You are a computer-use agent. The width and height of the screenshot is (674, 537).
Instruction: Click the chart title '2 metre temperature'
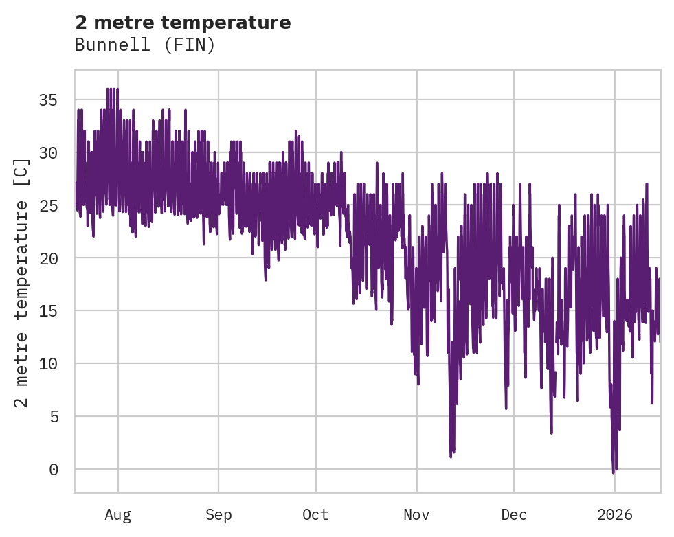[x=183, y=23]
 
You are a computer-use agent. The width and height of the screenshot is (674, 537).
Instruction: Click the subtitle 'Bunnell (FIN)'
[x=145, y=45]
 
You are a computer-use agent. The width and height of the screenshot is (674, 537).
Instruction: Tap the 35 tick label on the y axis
[x=48, y=100]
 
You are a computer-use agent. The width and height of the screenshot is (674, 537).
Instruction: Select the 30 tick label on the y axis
[x=48, y=153]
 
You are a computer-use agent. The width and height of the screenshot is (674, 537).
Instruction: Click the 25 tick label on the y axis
[x=48, y=205]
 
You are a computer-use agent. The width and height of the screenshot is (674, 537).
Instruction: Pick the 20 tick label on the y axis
[x=48, y=258]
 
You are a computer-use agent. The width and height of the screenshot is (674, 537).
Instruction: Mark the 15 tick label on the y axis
[x=48, y=311]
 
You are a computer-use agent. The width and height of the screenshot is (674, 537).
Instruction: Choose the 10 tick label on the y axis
[x=48, y=363]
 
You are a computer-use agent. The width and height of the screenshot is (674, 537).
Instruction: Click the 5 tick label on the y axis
[x=53, y=416]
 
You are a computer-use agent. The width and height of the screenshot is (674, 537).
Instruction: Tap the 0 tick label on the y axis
[x=53, y=469]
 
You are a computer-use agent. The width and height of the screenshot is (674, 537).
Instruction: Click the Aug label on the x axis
[x=117, y=514]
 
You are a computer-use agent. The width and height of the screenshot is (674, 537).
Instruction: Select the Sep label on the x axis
[x=218, y=514]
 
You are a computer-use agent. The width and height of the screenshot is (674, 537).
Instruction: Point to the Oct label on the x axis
[x=316, y=514]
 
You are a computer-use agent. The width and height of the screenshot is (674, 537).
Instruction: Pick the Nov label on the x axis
[x=416, y=514]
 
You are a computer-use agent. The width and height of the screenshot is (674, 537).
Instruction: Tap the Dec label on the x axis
[x=514, y=514]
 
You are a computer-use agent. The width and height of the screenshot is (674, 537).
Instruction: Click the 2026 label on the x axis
[x=615, y=514]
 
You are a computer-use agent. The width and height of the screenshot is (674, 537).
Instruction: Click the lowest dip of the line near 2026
[x=614, y=472]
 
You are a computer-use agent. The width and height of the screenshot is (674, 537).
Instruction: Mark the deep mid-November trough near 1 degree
[x=451, y=455]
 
